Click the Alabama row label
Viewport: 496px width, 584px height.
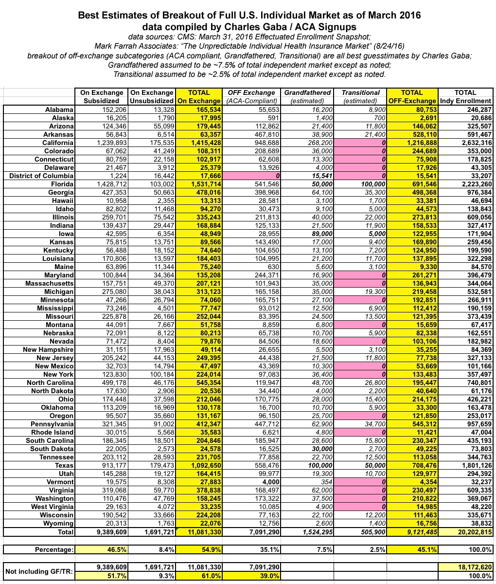click(x=60, y=109)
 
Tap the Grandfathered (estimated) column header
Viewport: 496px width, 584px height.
click(x=307, y=96)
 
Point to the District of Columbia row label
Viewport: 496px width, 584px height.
click(x=41, y=176)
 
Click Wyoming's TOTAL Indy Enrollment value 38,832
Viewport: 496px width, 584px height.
click(x=478, y=524)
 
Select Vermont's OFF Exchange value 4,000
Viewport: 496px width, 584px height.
click(x=266, y=482)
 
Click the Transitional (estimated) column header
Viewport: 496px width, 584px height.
click(x=361, y=96)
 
